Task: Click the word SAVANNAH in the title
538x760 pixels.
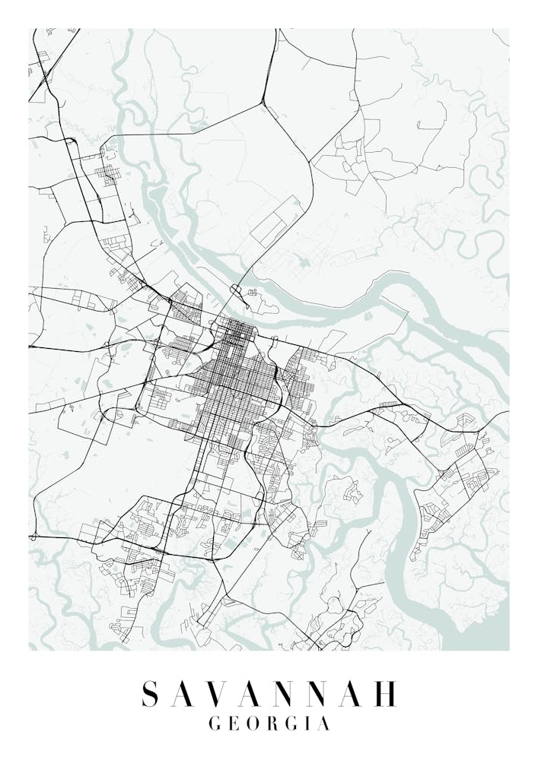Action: coord(269,694)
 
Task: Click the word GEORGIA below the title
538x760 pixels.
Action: coord(269,724)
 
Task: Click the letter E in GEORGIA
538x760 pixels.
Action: coord(234,724)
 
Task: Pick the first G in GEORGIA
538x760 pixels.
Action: coord(214,724)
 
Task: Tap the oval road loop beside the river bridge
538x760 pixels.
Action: coord(235,290)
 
